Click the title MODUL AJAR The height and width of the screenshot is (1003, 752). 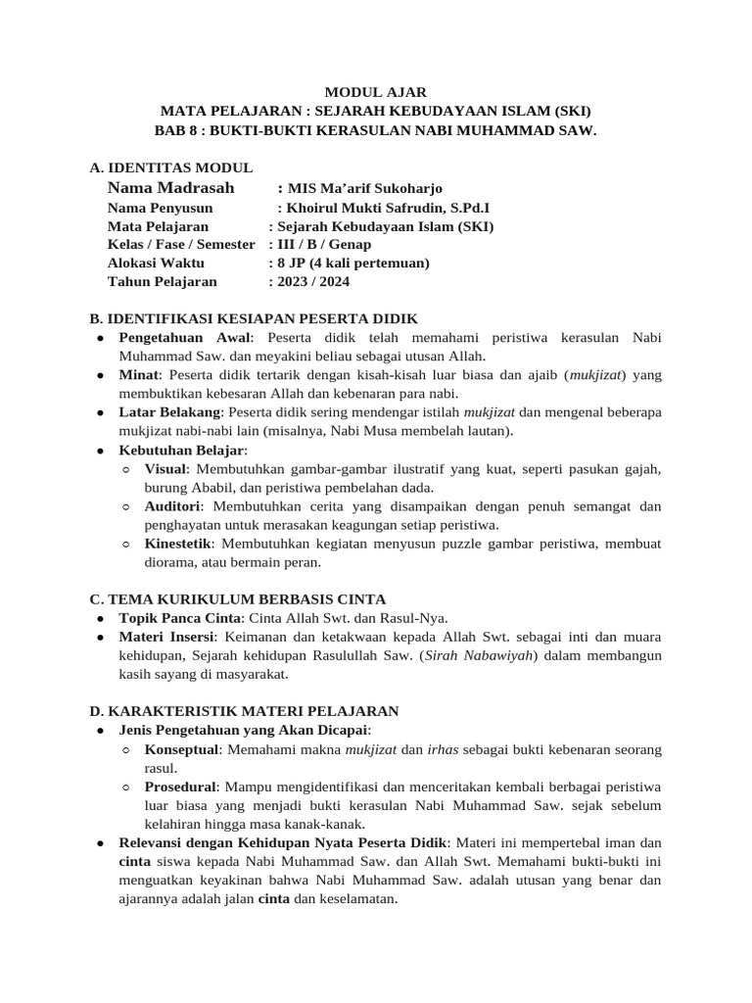pyautogui.click(x=376, y=91)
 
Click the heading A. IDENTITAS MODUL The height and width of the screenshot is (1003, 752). pyautogui.click(x=170, y=167)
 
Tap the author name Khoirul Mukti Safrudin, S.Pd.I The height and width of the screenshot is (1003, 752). pyautogui.click(x=389, y=208)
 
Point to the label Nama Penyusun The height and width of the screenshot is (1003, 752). pyautogui.click(x=160, y=208)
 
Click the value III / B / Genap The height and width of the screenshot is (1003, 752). pyautogui.click(x=325, y=245)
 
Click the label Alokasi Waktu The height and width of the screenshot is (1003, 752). pyautogui.click(x=157, y=263)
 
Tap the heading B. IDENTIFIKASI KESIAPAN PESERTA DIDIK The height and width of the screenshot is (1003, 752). pyautogui.click(x=254, y=319)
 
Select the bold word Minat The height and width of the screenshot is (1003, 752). pyautogui.click(x=138, y=375)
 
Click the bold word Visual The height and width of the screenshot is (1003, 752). pyautogui.click(x=167, y=469)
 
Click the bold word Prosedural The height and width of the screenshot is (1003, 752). pyautogui.click(x=180, y=787)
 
